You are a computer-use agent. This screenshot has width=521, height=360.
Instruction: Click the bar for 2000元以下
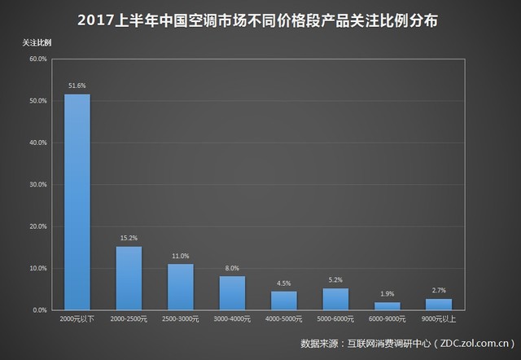pos(77,202)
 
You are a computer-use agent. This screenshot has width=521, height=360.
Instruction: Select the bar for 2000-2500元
pos(129,278)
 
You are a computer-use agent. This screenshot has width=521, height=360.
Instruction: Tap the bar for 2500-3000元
pos(181,287)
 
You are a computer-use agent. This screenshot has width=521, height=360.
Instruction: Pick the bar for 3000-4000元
pos(232,293)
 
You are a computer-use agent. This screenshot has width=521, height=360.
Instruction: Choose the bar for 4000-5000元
pos(284,301)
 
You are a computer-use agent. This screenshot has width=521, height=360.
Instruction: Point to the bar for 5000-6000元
pos(335,299)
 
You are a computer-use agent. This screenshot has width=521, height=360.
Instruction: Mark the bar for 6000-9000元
pos(387,306)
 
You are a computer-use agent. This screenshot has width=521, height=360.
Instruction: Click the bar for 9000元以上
pos(438,305)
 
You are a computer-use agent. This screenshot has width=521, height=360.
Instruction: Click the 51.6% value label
pos(77,85)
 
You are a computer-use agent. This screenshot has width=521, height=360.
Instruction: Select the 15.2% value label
pos(129,238)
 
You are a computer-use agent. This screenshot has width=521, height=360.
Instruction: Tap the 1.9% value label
pos(387,293)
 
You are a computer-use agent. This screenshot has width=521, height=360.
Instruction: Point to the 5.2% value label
pos(335,279)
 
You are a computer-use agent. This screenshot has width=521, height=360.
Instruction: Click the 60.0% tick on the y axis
pos(37,59)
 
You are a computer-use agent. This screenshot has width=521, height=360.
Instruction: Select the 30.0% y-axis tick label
pos(37,185)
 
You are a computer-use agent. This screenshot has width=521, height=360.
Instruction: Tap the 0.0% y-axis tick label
pos(40,310)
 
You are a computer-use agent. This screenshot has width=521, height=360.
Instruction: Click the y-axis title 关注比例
pos(36,41)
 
